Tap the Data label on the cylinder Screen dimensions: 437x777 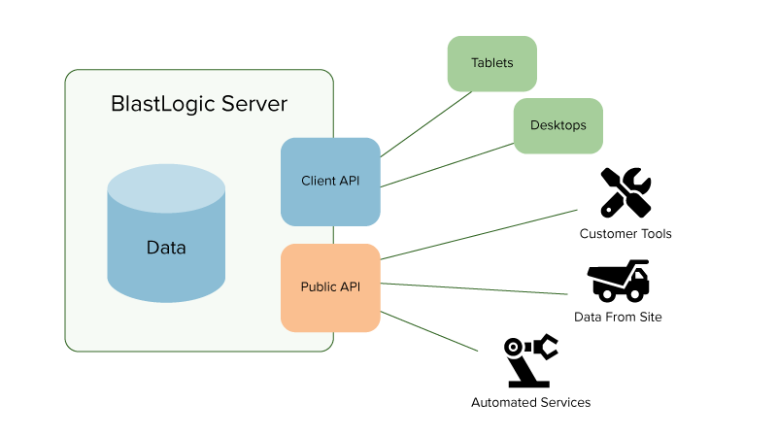click(166, 248)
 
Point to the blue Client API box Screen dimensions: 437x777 click(330, 182)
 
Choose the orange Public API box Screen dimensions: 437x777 click(330, 287)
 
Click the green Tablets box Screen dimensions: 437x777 click(491, 63)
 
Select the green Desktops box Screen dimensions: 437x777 click(557, 125)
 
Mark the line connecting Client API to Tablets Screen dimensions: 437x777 click(427, 123)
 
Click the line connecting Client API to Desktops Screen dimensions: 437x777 click(447, 165)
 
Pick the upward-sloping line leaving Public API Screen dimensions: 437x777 click(481, 233)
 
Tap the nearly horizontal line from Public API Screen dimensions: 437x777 click(476, 288)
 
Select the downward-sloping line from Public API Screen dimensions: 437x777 click(432, 331)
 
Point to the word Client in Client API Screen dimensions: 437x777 click(318, 182)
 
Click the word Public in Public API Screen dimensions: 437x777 click(318, 287)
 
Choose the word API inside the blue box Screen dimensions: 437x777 click(349, 182)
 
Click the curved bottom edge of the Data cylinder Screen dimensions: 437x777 click(166, 301)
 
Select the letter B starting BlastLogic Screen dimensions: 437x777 click(118, 104)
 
